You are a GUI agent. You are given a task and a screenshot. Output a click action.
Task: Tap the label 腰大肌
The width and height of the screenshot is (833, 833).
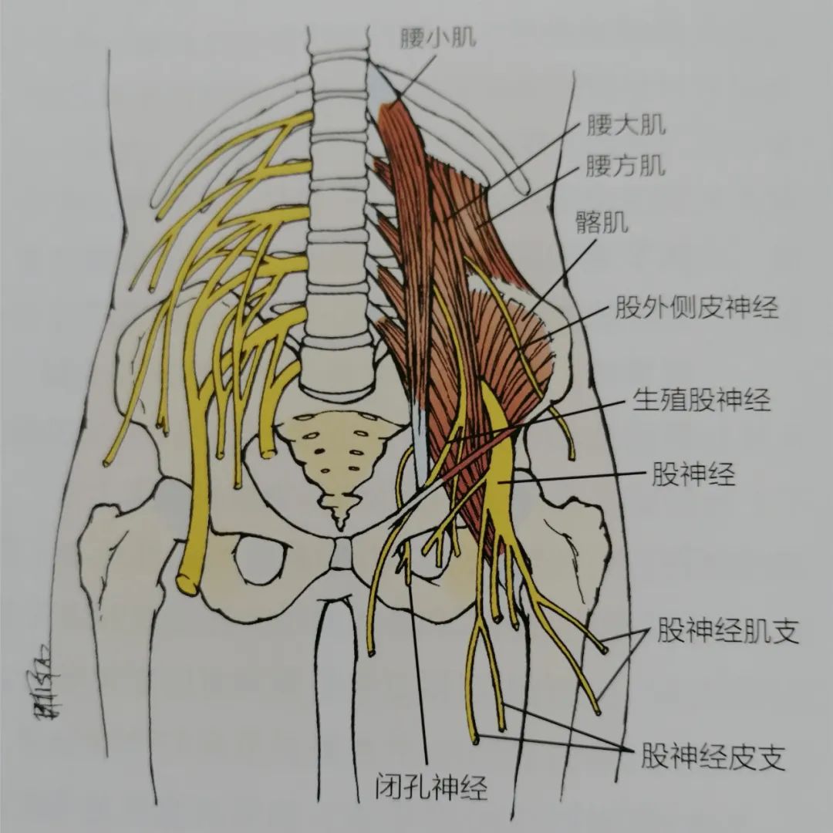626,125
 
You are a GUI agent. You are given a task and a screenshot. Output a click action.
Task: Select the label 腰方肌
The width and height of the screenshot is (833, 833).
626,166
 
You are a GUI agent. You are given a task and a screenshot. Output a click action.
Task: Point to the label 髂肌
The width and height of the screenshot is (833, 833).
602,222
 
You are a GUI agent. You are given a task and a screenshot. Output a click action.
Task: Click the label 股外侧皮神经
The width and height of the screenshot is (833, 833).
697,307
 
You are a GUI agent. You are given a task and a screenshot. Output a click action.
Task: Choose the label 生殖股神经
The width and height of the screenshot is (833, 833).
701,399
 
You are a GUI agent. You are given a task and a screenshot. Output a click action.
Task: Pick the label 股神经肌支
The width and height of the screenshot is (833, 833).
728,632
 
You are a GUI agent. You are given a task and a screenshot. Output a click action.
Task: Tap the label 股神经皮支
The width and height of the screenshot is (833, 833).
713,757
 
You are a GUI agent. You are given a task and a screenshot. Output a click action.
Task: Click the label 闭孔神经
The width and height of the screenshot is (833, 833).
431,787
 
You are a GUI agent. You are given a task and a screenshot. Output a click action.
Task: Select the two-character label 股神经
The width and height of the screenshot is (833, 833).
694,474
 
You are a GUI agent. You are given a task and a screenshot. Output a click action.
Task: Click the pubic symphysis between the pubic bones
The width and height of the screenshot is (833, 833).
341,554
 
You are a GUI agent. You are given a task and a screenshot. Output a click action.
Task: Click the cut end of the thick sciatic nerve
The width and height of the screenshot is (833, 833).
187,583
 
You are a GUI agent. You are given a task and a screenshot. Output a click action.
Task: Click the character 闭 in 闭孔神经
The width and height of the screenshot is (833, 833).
388,787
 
